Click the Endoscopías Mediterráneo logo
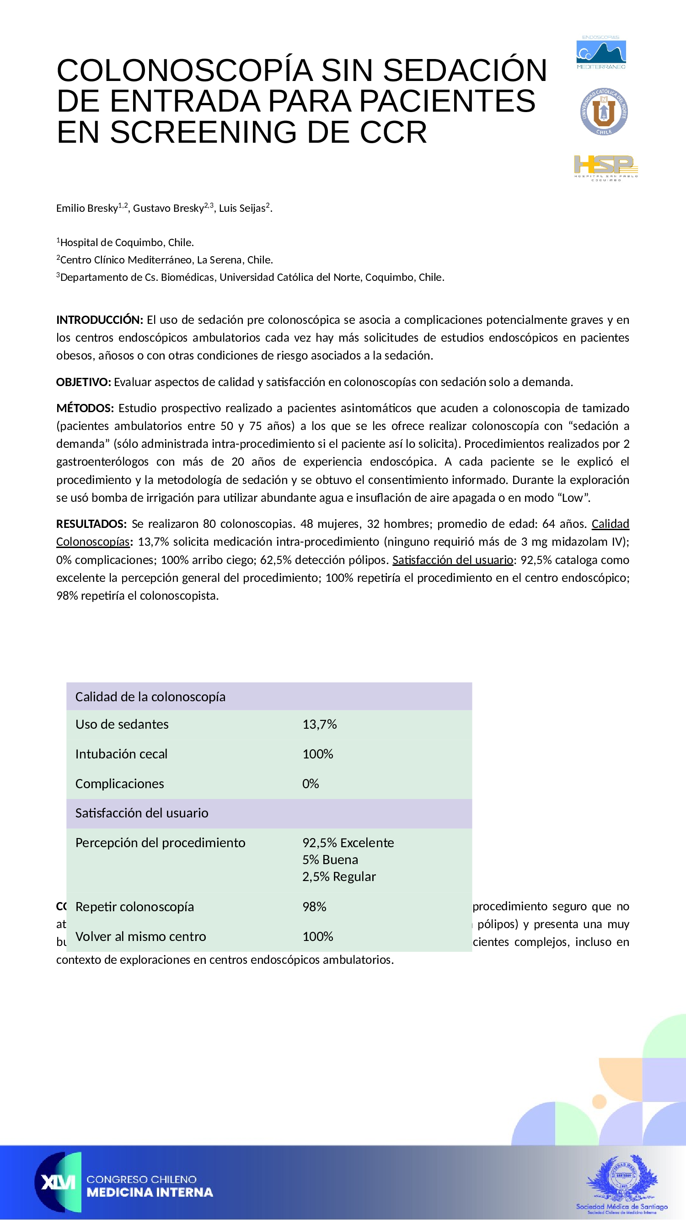coord(601,53)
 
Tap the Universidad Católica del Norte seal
coord(604,112)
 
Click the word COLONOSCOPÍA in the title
coord(184,70)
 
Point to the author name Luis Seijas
coord(242,209)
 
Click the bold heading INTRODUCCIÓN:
coord(99,320)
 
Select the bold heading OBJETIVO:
coord(83,382)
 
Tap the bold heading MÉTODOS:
coord(85,408)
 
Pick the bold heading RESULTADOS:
coord(91,524)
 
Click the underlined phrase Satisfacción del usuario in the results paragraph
coord(453,560)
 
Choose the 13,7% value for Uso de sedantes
coord(320,724)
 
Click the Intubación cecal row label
coord(121,754)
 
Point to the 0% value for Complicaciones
coord(311,784)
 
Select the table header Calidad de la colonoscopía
coord(150,697)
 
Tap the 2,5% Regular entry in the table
coord(339,876)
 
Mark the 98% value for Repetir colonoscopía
coord(314,907)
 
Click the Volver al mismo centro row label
coord(140,936)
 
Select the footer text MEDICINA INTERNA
coord(150,1193)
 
